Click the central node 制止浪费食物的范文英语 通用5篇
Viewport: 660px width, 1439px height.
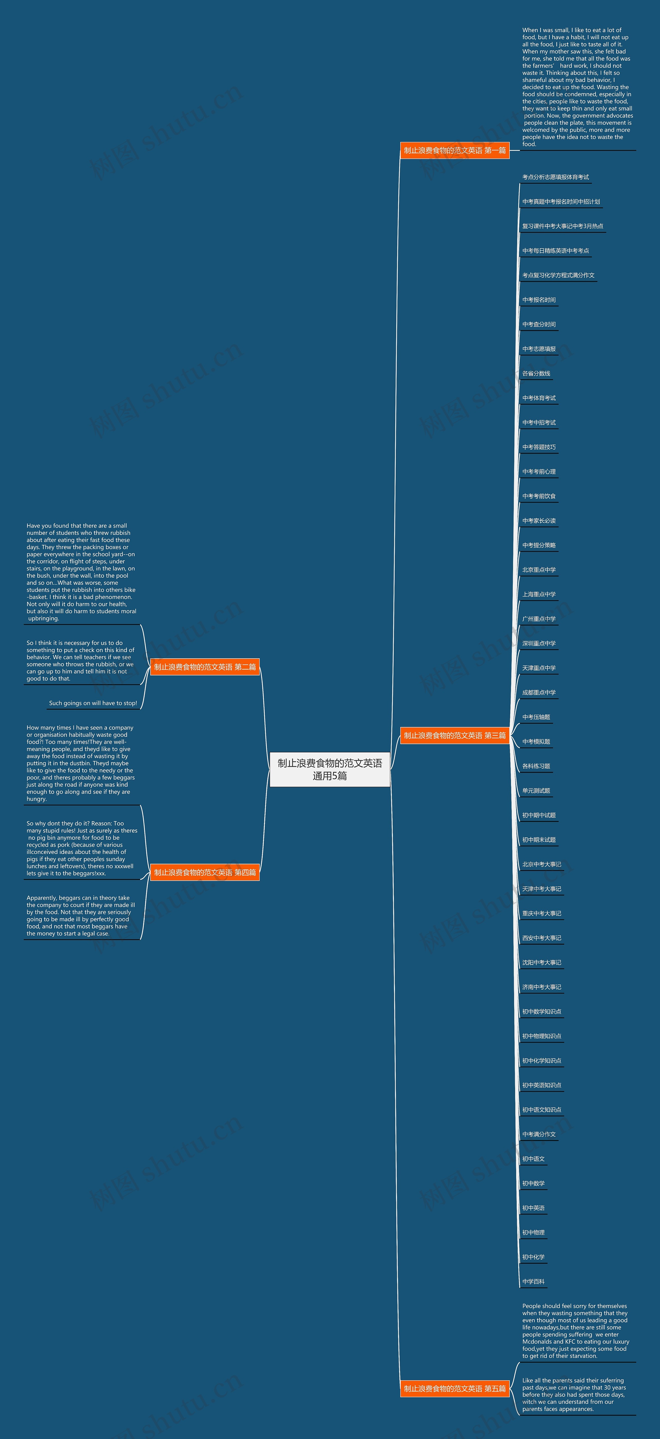pyautogui.click(x=330, y=769)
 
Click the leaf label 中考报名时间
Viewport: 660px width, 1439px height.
pyautogui.click(x=539, y=300)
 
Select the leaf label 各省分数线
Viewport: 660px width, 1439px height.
pyautogui.click(x=536, y=374)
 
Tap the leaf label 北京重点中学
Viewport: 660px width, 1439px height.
pyautogui.click(x=539, y=570)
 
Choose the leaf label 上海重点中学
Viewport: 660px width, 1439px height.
pyautogui.click(x=539, y=594)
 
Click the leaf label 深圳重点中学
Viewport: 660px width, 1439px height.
pyautogui.click(x=539, y=644)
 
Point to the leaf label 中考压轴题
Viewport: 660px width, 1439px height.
pyautogui.click(x=536, y=717)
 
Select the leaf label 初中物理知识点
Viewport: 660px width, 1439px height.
pyautogui.click(x=541, y=1036)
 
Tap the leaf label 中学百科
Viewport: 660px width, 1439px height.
pyautogui.click(x=533, y=1282)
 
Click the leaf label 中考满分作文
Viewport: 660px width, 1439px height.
pyautogui.click(x=539, y=1135)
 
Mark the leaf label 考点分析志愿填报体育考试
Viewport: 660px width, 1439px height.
pyautogui.click(x=556, y=177)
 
